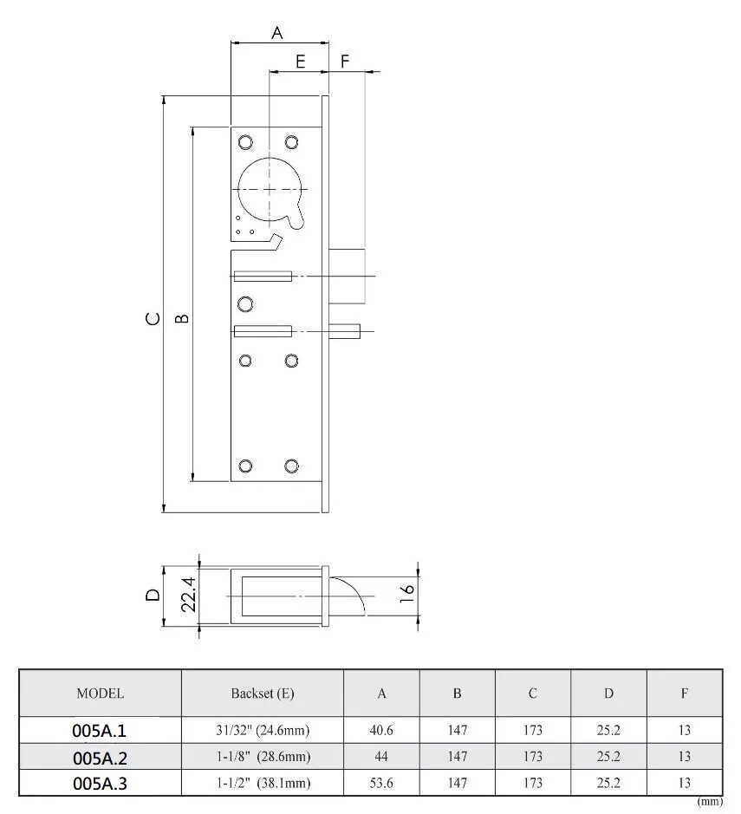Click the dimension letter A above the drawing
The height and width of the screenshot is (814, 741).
tap(277, 32)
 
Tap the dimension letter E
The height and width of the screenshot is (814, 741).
tap(300, 62)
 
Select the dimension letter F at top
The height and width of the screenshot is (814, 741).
tap(345, 62)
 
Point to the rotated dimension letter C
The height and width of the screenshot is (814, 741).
tap(153, 318)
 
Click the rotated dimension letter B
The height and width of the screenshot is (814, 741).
tap(183, 318)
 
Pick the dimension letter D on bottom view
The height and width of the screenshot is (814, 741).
tap(153, 595)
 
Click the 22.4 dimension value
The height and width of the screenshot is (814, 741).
tap(188, 596)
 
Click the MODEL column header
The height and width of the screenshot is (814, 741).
tap(100, 694)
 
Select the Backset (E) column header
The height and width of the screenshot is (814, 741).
tap(262, 694)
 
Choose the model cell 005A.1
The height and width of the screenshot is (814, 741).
tap(100, 731)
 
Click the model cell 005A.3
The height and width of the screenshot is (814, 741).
tap(100, 783)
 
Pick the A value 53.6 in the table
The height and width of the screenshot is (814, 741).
tap(381, 783)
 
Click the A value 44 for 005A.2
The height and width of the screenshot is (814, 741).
tap(381, 757)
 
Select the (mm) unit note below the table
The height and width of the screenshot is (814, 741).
tap(709, 802)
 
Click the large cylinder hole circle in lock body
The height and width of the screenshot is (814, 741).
tap(270, 189)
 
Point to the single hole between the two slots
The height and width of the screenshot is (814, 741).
tap(245, 303)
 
